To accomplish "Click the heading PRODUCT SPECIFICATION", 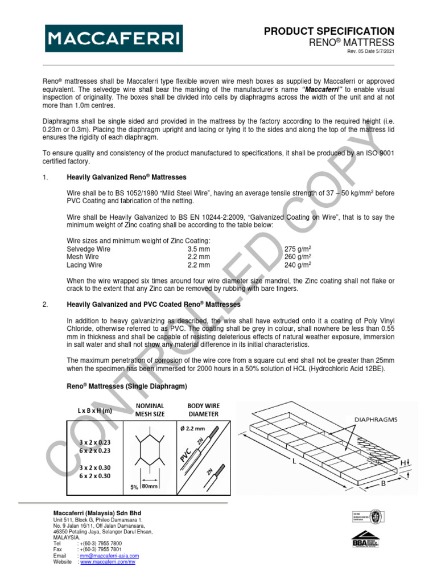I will tap(329, 31).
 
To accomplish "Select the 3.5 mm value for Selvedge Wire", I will tap(199, 249).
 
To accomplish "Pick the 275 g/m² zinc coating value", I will tap(297, 249).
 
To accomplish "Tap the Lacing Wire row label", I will tap(84, 265).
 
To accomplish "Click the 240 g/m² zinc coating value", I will tap(297, 265).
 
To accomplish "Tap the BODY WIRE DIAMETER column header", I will tap(203, 410).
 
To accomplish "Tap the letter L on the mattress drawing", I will tap(294, 463).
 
